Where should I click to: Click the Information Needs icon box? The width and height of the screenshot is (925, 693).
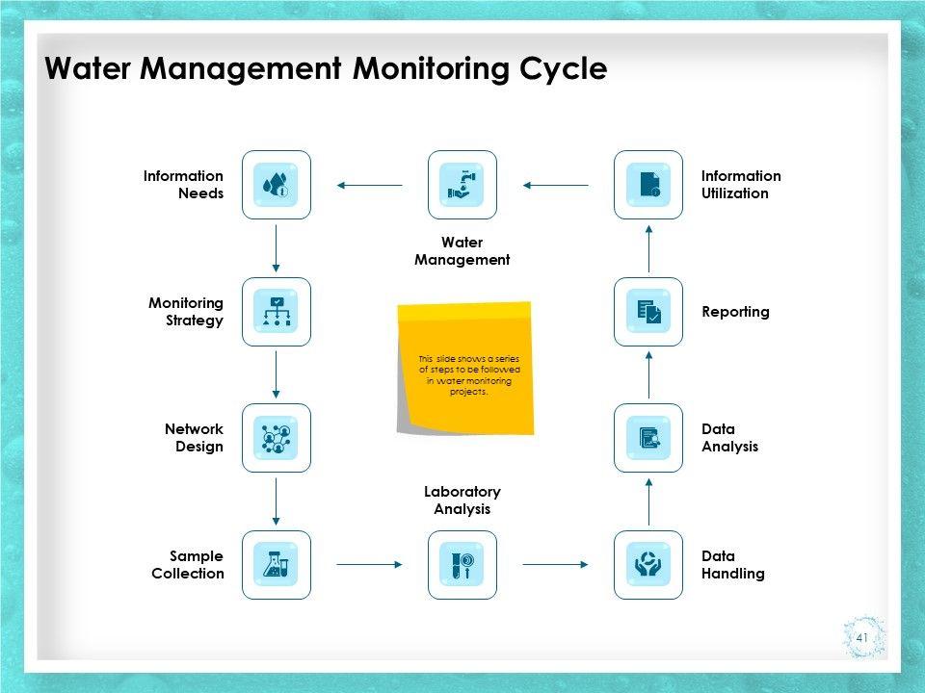[277, 185]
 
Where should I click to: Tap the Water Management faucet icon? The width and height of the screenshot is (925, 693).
[462, 185]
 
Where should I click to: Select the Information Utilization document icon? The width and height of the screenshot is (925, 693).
[648, 185]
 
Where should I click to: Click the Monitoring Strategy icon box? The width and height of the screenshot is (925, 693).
[277, 312]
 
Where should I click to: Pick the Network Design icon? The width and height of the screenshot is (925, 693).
[277, 438]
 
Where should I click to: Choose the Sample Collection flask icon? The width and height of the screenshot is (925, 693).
[277, 565]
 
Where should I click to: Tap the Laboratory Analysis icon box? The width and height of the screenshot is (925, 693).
[462, 565]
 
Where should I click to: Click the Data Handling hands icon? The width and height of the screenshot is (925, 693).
[648, 565]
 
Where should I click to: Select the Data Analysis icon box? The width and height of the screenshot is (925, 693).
[648, 438]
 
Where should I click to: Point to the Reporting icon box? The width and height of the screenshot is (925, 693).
[648, 312]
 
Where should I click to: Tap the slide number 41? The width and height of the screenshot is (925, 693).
[862, 637]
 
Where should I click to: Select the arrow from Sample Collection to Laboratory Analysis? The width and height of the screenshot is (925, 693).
[369, 565]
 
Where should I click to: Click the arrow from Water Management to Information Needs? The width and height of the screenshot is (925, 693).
[369, 185]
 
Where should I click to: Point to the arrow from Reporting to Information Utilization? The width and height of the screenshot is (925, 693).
[648, 248]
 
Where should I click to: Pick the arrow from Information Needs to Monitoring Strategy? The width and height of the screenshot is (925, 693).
[277, 248]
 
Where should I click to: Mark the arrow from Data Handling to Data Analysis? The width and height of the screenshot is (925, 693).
[648, 501]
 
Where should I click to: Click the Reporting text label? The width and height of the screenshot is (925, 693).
[735, 312]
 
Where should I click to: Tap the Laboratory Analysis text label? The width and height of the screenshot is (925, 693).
[462, 500]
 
